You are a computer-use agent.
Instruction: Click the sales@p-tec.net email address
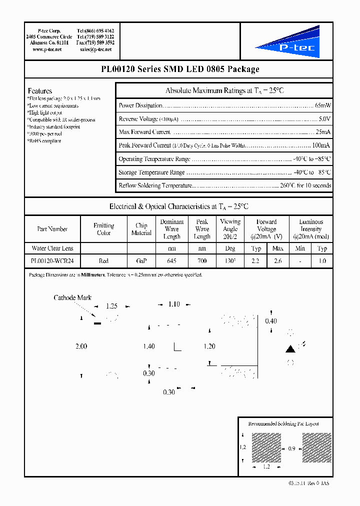click(x=96, y=49)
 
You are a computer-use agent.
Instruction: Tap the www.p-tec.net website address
click(x=47, y=49)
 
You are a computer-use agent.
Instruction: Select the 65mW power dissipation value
click(x=322, y=105)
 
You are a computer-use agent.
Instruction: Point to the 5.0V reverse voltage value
click(x=324, y=119)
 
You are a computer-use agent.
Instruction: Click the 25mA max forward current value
click(x=322, y=132)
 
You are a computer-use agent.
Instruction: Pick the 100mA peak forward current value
click(x=321, y=145)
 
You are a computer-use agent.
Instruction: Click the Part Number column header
click(x=52, y=229)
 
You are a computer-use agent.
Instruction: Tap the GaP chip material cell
click(x=141, y=261)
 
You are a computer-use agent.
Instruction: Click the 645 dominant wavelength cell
click(x=171, y=261)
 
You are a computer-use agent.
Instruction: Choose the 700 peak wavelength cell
click(x=202, y=261)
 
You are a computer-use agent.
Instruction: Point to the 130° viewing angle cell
click(x=230, y=261)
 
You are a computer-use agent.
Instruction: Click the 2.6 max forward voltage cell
click(x=278, y=261)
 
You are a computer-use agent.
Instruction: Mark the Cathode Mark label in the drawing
click(x=72, y=298)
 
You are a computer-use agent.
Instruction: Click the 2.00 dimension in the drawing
click(x=81, y=346)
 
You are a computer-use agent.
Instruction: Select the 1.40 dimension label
click(x=148, y=346)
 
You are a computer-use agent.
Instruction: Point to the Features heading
click(x=40, y=91)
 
